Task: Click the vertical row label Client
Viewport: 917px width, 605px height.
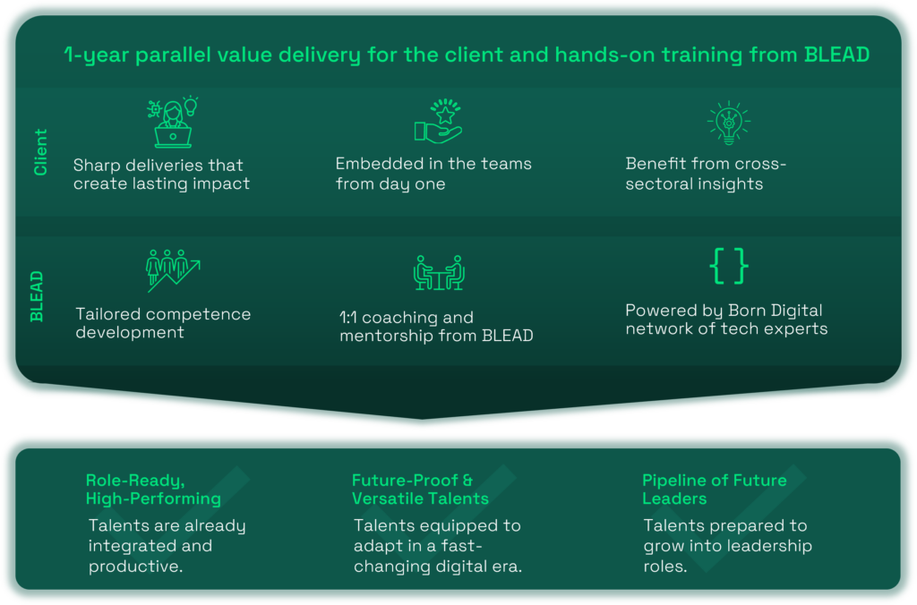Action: coord(40,152)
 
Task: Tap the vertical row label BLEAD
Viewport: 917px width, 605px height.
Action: coord(37,295)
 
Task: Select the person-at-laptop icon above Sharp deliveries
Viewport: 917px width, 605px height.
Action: coord(172,123)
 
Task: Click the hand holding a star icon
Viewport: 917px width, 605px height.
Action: coord(437,124)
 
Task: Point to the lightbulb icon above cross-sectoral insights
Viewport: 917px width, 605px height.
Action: coord(728,124)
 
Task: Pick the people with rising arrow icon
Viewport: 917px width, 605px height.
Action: coord(172,269)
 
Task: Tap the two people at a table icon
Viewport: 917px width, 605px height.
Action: coord(439,272)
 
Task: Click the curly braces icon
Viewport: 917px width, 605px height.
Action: coord(728,266)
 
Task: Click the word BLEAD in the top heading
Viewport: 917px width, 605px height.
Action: coord(836,55)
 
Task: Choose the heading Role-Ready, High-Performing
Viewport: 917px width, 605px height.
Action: coord(153,489)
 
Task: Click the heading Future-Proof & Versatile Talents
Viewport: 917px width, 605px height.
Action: coord(420,489)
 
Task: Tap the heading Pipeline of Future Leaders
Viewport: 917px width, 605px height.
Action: coord(715,489)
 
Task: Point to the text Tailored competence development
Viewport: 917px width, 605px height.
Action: coord(163,323)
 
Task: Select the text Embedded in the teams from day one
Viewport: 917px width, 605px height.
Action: coord(433,174)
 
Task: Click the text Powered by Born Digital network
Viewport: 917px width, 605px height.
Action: coord(725,320)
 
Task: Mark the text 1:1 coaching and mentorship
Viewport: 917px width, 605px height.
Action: coord(436,327)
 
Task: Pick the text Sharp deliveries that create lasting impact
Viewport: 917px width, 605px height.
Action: coord(161,175)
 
